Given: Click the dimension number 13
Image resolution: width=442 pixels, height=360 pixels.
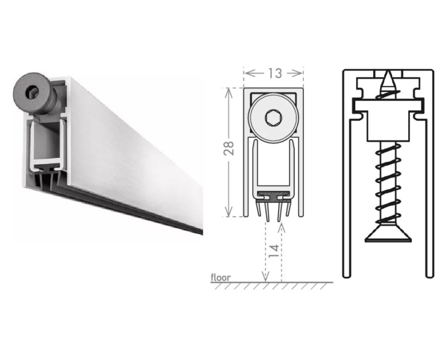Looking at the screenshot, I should (275, 73).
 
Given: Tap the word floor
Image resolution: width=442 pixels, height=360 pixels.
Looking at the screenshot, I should (221, 278).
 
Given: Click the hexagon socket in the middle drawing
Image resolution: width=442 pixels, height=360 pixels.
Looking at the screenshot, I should (273, 119).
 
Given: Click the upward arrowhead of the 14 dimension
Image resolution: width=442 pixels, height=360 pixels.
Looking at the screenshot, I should (281, 227).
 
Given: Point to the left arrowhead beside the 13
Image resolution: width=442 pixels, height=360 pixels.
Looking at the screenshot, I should (249, 73).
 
